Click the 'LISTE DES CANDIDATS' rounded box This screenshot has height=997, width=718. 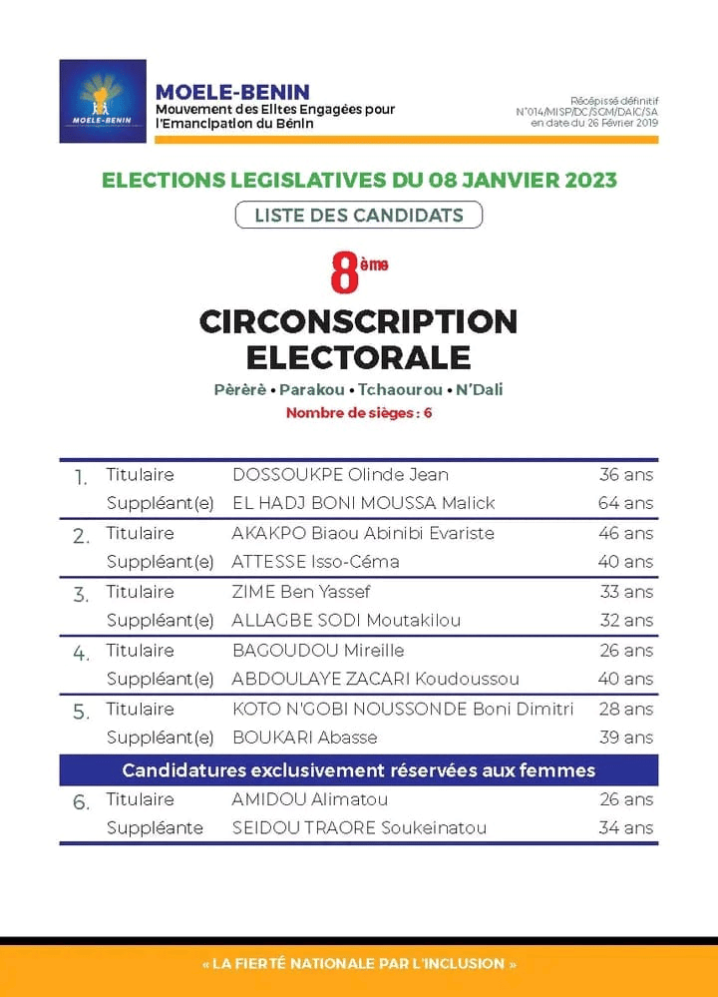coord(359,215)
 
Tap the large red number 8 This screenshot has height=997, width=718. coord(344,273)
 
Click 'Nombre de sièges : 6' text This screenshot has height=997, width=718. coord(359,412)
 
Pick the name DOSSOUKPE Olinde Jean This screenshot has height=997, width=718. coord(340,474)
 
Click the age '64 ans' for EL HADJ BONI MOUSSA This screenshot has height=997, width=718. coord(625,503)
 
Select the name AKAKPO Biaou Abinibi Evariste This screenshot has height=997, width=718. coord(363,533)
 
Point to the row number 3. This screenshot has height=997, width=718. coord(81,596)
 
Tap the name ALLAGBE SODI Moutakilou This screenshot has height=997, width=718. coord(346,621)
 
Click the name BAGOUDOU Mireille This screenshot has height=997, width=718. coord(318,651)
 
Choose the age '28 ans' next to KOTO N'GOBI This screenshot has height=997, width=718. coord(625,710)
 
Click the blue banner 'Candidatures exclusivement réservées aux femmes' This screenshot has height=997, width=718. coord(359,769)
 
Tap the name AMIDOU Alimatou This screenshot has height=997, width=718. coord(310,799)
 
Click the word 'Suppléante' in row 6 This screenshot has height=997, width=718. coord(155,827)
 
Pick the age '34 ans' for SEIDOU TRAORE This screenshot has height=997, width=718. coord(625,827)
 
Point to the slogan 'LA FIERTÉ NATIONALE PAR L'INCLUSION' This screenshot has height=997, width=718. coord(359,964)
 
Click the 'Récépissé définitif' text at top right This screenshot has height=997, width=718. coord(614,101)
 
